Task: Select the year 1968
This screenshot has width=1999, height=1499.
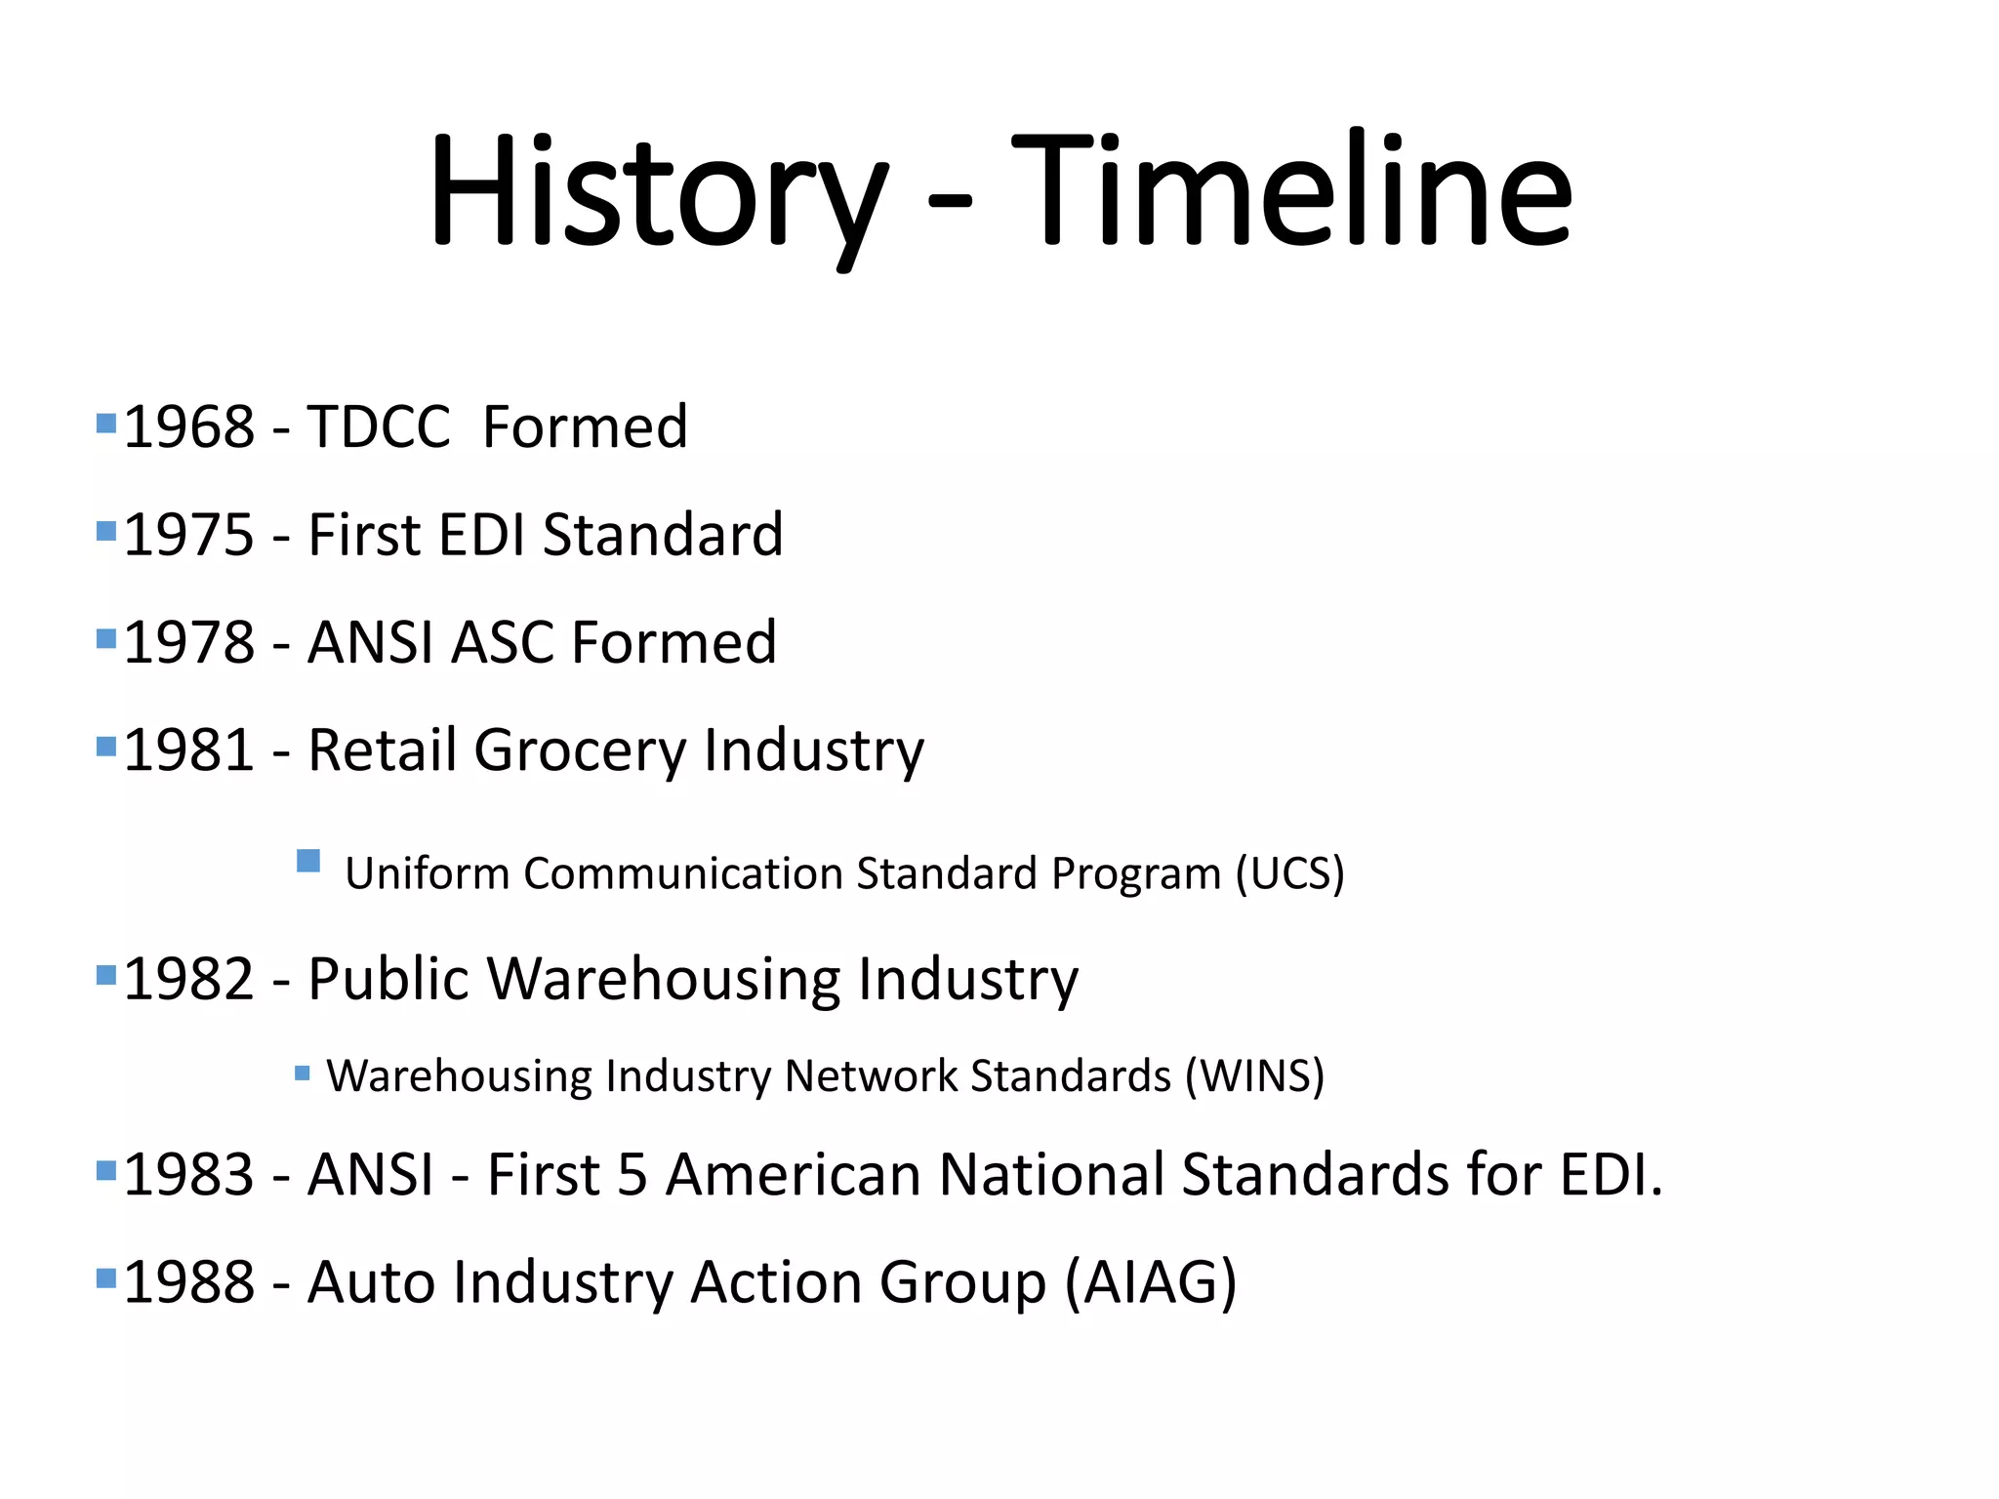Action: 189,427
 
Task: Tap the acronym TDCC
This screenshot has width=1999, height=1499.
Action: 379,427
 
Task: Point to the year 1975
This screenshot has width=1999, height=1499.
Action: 189,535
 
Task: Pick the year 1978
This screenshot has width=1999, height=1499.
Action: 189,642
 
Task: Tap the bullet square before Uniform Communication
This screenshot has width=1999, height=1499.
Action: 308,861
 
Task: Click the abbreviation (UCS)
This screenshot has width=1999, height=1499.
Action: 1289,872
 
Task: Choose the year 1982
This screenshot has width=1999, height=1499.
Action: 189,979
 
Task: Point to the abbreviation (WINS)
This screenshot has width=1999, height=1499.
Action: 1254,1075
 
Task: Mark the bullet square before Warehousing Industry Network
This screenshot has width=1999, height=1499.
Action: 303,1074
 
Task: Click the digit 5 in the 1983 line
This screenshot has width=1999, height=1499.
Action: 632,1174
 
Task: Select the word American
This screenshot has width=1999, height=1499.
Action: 793,1174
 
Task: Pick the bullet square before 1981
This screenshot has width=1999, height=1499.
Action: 106,747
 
